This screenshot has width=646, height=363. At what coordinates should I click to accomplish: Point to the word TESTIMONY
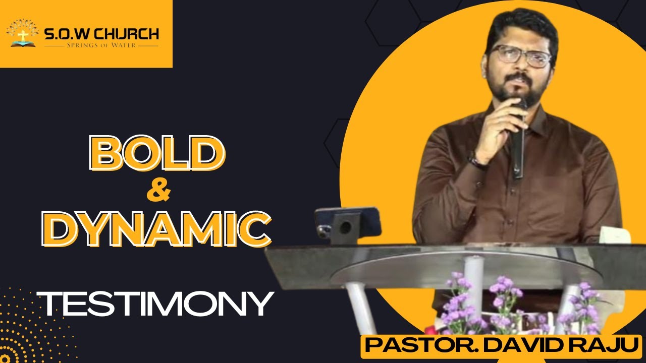click(x=157, y=304)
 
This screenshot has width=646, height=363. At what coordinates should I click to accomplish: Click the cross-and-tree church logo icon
click(x=22, y=33)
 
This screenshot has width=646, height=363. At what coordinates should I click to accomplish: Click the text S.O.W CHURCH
click(x=101, y=34)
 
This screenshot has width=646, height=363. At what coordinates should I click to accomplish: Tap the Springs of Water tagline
click(x=101, y=45)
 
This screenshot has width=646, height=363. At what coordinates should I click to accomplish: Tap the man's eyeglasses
click(x=519, y=56)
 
